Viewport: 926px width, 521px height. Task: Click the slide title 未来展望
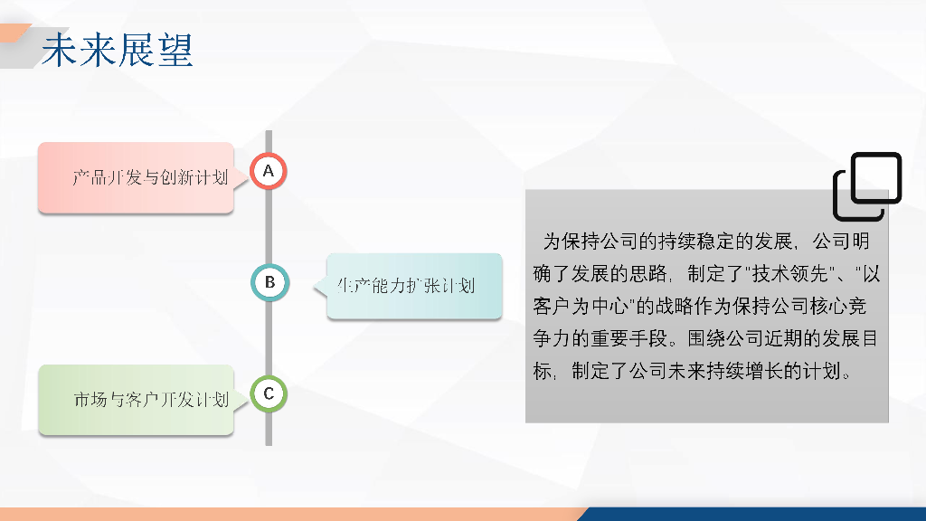117,50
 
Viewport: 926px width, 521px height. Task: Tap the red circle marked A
269,171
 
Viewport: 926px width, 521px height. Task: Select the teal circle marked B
269,282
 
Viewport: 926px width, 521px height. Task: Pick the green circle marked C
269,393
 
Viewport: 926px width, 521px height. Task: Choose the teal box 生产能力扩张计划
414,286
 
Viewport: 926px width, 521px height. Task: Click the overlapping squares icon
867,186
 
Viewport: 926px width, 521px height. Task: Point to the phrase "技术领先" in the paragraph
789,273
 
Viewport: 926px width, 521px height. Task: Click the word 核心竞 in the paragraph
838,306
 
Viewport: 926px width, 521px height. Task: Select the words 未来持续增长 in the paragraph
725,371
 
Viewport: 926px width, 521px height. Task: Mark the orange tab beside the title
14,33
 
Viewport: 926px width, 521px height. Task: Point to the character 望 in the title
175,50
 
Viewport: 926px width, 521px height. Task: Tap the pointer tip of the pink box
248,178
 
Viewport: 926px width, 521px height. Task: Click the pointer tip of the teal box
314,286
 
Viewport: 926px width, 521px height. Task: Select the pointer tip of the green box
248,401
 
